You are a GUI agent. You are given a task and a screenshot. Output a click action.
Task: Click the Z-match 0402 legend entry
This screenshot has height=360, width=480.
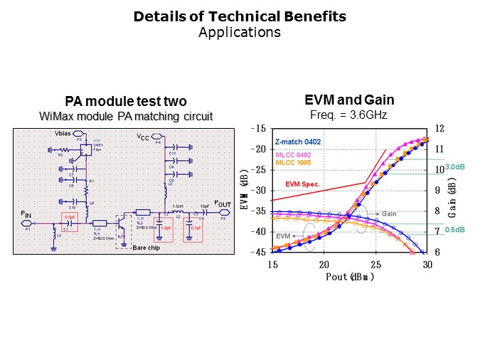click(x=297, y=142)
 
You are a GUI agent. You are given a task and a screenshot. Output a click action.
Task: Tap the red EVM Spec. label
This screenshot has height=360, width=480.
click(x=302, y=184)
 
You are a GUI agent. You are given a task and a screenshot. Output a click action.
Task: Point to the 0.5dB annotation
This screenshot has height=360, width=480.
click(x=455, y=229)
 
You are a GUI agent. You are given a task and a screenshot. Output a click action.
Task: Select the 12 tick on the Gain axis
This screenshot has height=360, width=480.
click(x=439, y=129)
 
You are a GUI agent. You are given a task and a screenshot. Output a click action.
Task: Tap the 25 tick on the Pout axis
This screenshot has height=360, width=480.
click(x=375, y=264)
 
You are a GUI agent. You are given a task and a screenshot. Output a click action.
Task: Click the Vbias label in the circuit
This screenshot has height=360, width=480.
click(x=64, y=134)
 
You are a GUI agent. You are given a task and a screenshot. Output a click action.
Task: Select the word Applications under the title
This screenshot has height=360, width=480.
click(x=240, y=32)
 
